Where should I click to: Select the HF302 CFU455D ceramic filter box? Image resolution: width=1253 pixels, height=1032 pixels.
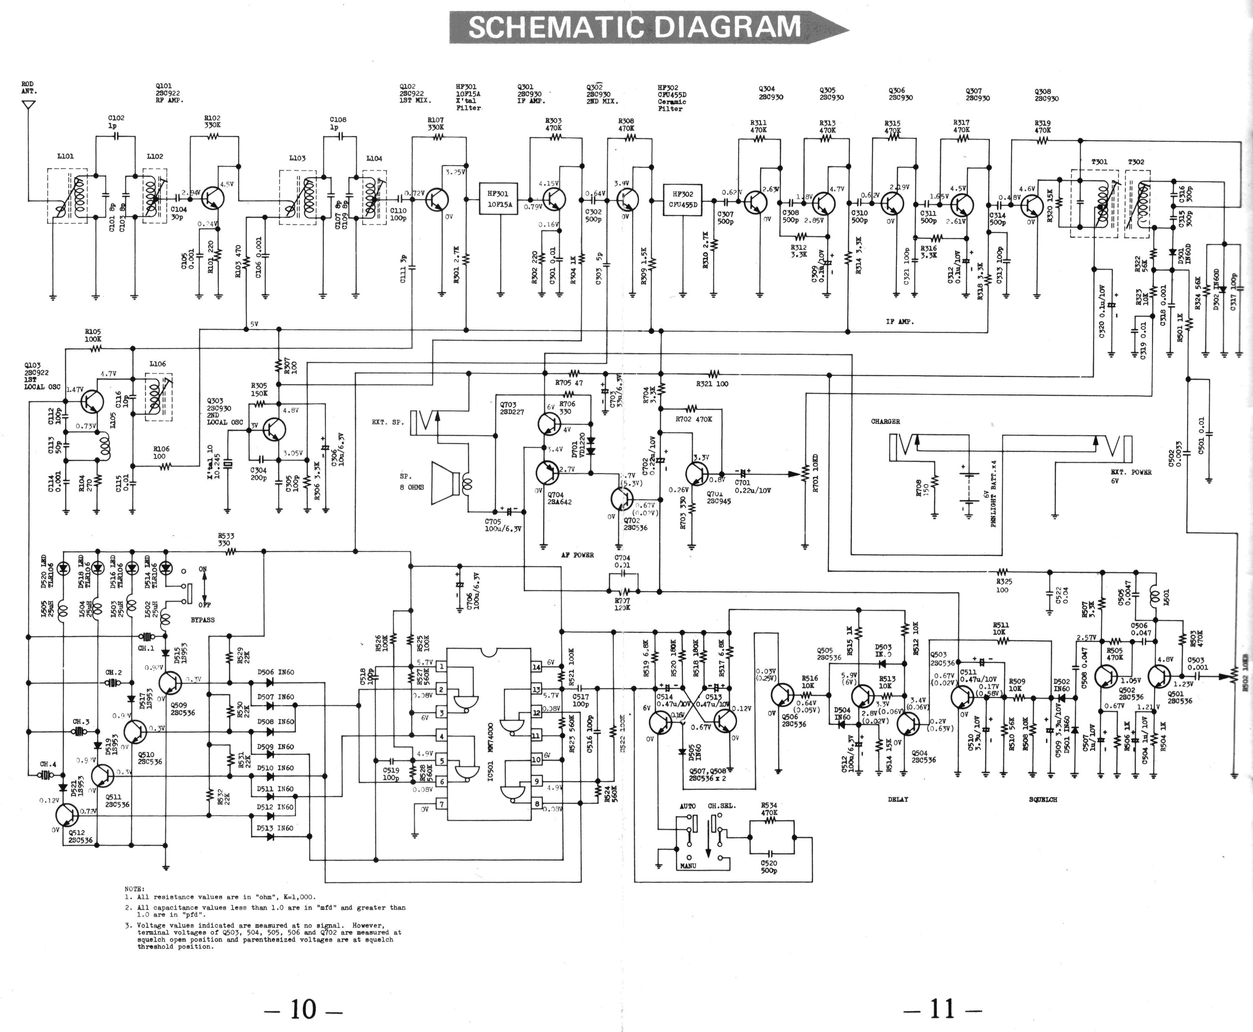coord(683,199)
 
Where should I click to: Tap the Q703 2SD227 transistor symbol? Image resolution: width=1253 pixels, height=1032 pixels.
coord(548,423)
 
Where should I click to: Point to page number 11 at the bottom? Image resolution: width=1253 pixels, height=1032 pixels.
coord(942,1008)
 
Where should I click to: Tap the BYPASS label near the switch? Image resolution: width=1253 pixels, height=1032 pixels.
coord(203,620)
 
